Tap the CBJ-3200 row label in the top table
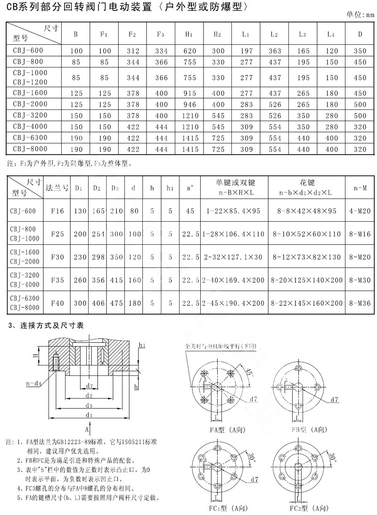(27, 116)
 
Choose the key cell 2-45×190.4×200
(234, 303)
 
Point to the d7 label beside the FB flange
(334, 399)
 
